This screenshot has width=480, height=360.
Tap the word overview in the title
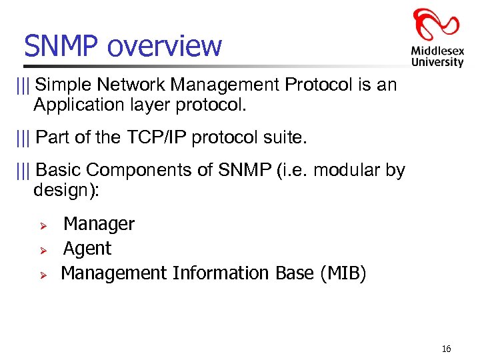pyautogui.click(x=163, y=46)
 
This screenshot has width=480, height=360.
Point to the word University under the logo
pyautogui.click(x=437, y=62)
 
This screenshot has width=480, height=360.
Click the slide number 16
pyautogui.click(x=446, y=349)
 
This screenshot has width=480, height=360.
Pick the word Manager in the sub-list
pyautogui.click(x=99, y=224)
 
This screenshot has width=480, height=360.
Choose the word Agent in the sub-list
pyautogui.click(x=87, y=249)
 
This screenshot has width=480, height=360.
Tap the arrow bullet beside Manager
pyautogui.click(x=41, y=225)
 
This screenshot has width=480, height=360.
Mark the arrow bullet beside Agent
pyautogui.click(x=41, y=250)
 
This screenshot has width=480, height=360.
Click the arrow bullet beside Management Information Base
pyautogui.click(x=41, y=275)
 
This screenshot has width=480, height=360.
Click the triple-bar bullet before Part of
pyautogui.click(x=25, y=138)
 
